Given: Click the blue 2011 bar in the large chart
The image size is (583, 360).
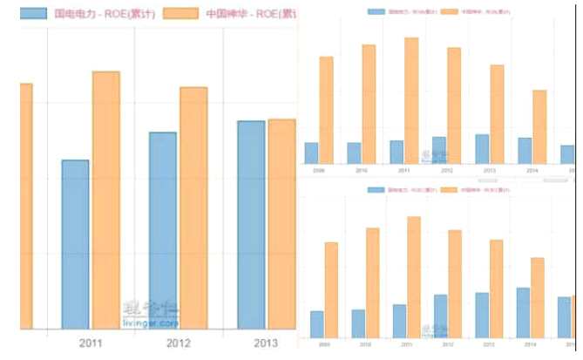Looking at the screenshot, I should pyautogui.click(x=75, y=244).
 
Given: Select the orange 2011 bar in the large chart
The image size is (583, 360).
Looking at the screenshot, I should pyautogui.click(x=105, y=200).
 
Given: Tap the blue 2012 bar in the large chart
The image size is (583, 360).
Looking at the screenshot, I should pyautogui.click(x=163, y=230).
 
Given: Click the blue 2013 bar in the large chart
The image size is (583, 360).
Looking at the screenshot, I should pyautogui.click(x=251, y=225).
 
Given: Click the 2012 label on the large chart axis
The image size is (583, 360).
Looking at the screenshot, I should pyautogui.click(x=179, y=343).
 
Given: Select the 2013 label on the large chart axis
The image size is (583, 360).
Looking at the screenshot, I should pyautogui.click(x=266, y=343).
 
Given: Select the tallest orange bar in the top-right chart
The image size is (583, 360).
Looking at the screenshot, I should pyautogui.click(x=411, y=100).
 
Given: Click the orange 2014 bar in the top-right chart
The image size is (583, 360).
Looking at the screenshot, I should pyautogui.click(x=539, y=126).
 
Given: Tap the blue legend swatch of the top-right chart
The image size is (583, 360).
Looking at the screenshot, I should pyautogui.click(x=376, y=12).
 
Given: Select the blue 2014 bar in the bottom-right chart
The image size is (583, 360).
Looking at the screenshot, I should pyautogui.click(x=523, y=312).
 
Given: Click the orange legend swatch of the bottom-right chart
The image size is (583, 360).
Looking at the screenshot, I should pyautogui.click(x=450, y=189).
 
